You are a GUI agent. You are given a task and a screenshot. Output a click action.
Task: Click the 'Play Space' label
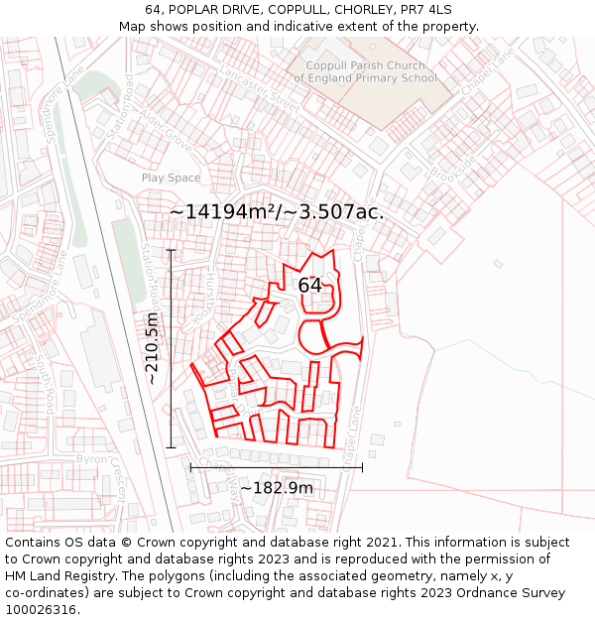click(x=171, y=178)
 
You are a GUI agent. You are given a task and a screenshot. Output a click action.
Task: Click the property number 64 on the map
click(x=309, y=286)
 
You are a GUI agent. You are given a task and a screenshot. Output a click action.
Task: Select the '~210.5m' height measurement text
click(x=152, y=348)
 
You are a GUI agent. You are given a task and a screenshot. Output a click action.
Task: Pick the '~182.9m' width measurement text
click(x=277, y=488)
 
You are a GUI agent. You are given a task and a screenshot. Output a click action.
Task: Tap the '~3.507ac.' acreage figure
click(x=335, y=211)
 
